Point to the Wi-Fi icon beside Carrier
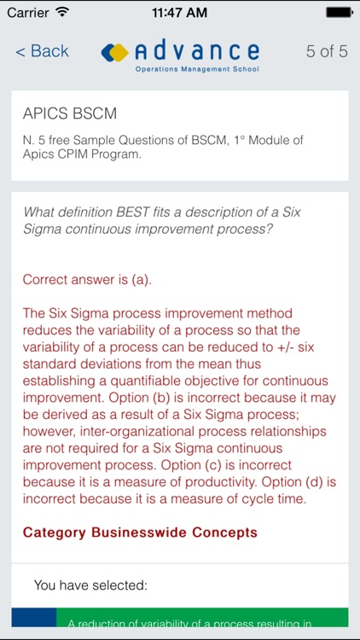point(62,13)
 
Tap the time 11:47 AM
point(179,13)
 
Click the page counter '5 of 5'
point(327,51)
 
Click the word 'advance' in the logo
point(196,50)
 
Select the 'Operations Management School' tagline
point(197,68)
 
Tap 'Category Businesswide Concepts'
point(140,532)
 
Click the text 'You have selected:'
point(90,585)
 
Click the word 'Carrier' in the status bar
point(28,13)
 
